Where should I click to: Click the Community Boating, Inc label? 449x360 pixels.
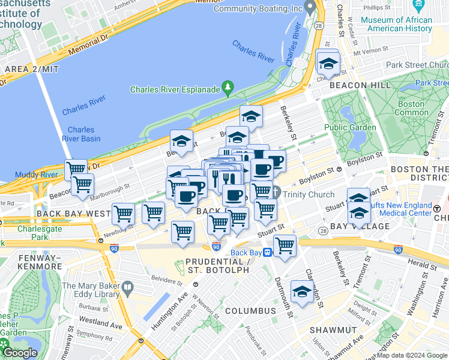(x=258, y=9)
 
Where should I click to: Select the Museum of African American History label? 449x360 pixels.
(x=396, y=24)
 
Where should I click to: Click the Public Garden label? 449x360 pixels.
(x=350, y=127)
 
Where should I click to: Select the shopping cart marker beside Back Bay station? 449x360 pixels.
(x=285, y=245)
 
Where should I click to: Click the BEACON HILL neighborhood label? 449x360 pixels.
(x=360, y=85)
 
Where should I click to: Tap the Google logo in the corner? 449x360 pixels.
(x=19, y=353)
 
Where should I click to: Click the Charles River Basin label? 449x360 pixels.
(x=81, y=134)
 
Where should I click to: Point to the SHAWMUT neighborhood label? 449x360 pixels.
(x=333, y=330)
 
